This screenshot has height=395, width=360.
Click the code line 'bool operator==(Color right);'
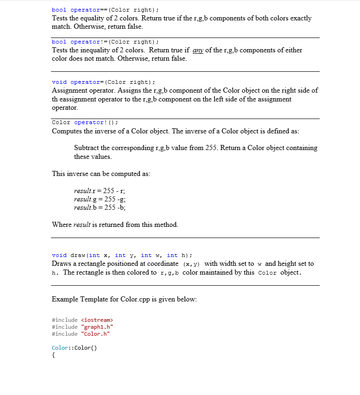105,10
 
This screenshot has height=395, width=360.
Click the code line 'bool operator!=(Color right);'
105,42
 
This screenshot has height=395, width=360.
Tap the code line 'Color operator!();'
85,122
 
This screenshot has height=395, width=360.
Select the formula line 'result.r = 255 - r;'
100,191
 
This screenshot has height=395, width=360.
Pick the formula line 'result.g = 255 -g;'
100,199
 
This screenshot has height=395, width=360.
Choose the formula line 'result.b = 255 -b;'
100,207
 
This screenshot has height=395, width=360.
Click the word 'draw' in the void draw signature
78,255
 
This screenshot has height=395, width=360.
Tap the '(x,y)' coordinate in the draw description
192,264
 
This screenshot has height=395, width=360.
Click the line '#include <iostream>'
82,320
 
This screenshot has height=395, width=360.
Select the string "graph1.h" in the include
97,327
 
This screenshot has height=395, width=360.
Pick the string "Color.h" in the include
95,334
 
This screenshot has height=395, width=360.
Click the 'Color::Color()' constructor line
74,348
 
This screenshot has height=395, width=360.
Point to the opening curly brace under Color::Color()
54,356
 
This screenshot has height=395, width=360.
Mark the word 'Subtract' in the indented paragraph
86,148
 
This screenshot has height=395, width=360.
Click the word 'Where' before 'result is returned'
62,225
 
